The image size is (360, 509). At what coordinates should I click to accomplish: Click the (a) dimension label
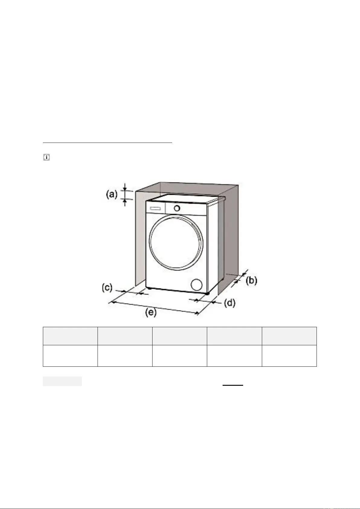112,195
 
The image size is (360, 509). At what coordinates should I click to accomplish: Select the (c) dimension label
107,288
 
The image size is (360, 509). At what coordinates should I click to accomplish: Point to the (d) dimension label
230,303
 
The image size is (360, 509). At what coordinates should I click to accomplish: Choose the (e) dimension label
151,312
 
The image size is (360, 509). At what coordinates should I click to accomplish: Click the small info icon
46,157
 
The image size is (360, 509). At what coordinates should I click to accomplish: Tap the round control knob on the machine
177,208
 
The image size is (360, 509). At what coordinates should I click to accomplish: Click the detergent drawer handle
155,209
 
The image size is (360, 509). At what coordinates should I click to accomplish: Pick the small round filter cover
197,285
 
